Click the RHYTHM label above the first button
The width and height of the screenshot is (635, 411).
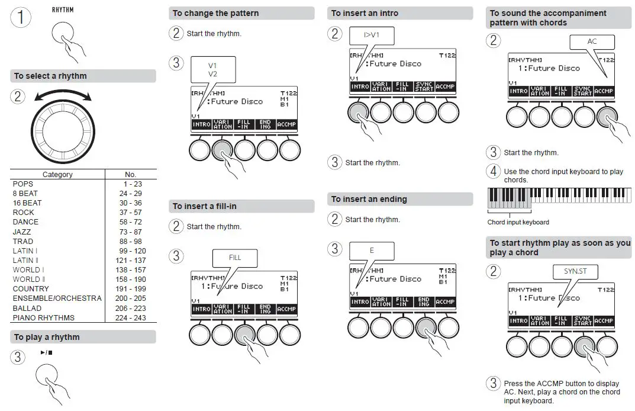point(62,9)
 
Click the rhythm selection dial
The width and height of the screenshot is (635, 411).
point(62,128)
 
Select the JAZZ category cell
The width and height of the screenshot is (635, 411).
point(22,232)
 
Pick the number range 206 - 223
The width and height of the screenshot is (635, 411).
point(130,308)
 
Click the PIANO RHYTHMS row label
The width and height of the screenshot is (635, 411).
point(44,317)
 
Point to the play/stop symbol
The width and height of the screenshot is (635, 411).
point(46,353)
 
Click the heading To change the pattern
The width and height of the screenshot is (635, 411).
point(215,13)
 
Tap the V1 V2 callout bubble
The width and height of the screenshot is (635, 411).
point(213,69)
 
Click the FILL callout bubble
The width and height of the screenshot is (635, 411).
point(235,258)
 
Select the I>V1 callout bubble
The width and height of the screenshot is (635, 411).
point(372,36)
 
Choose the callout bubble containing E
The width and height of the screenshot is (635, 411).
point(372,251)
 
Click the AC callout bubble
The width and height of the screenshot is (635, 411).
point(592,42)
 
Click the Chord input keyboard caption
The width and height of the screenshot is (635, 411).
point(518,222)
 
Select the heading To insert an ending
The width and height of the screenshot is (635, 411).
point(369,199)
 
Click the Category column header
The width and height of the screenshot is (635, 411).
point(57,175)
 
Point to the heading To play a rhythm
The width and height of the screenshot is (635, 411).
point(47,337)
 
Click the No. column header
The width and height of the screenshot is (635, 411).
point(130,175)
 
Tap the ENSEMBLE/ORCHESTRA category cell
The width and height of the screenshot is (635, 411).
point(57,298)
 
